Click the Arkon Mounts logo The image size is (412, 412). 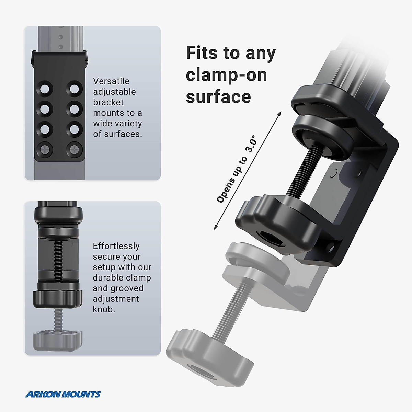pos(63,394)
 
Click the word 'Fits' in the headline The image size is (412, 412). pos(202,53)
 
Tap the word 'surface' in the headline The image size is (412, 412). pos(218,97)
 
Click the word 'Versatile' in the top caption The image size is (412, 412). pos(111,81)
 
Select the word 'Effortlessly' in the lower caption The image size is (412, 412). pos(116,246)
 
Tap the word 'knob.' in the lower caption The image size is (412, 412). pos(104,309)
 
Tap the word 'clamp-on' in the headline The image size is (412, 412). pos(226,75)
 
